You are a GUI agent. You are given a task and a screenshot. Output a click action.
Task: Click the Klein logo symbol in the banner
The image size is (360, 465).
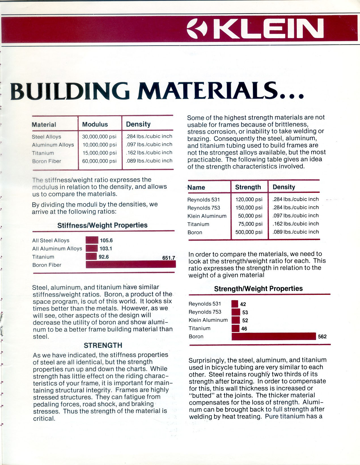coord(198,29)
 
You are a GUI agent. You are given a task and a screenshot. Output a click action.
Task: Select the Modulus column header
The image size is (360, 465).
coord(95,124)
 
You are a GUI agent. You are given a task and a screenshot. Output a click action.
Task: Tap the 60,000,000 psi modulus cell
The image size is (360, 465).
coord(99,161)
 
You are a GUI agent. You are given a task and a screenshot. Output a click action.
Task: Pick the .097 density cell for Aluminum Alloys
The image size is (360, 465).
coord(149,145)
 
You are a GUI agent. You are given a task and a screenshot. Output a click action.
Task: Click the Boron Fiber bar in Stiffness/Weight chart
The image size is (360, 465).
coord(131,265)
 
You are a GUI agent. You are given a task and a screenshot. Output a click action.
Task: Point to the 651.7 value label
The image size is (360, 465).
coord(169,258)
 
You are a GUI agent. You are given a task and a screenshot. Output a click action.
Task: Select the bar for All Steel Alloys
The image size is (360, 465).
coord(92,240)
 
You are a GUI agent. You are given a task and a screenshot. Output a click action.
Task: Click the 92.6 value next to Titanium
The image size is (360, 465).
coord(104,257)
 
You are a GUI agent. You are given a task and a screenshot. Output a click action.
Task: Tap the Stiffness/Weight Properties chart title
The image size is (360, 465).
coord(102,225)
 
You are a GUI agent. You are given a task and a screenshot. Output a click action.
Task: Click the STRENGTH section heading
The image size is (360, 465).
coord(103,345)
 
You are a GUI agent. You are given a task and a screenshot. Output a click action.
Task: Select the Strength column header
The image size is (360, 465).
coord(248,187)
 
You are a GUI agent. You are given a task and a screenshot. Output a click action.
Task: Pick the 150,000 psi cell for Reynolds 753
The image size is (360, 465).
coord(249,208)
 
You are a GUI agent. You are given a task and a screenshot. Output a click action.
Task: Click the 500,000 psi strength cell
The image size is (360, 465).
coord(249,232)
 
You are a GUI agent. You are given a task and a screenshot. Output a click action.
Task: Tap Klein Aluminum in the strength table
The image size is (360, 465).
coord(207,216)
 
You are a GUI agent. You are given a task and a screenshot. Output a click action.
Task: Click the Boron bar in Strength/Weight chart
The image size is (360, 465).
coord(274,336)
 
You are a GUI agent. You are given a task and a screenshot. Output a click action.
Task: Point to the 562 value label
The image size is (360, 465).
coord(322,337)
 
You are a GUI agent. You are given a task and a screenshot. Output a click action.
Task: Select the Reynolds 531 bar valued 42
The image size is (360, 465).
coord(235,304)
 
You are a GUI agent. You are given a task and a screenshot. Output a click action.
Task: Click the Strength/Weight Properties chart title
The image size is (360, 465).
coord(258,289)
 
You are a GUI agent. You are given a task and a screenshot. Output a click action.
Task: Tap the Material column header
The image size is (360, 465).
coord(44,125)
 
